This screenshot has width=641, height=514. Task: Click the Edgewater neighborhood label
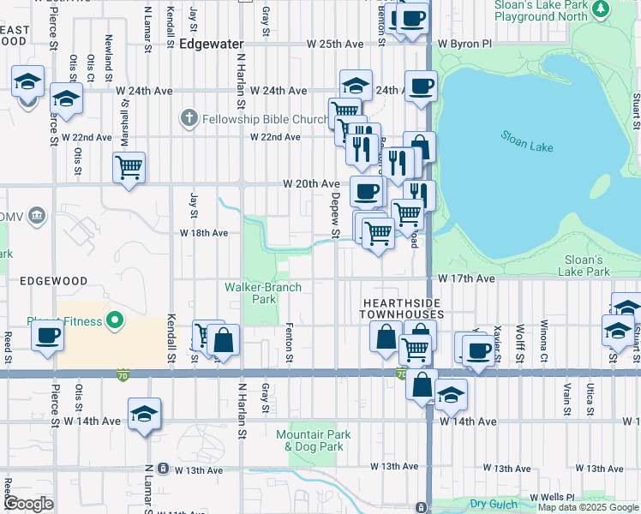tap(212, 44)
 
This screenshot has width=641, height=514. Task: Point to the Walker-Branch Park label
tap(251, 293)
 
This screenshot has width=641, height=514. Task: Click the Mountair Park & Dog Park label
tap(309, 440)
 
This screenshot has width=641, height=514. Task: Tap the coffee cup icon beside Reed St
tap(48, 335)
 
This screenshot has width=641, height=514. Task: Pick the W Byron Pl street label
tap(465, 44)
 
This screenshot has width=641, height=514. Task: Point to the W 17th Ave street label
tap(466, 279)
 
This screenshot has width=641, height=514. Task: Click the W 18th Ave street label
tap(203, 233)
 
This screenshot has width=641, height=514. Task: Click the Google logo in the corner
tap(28, 504)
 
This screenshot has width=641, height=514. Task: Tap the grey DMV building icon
tap(36, 213)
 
